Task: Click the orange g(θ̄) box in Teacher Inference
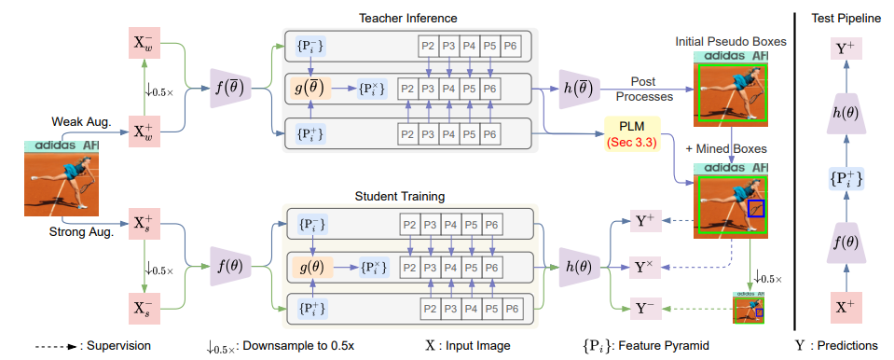pos(311,89)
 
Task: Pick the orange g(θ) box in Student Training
pos(311,266)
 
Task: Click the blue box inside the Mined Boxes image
pos(757,210)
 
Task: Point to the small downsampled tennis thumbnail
pos(750,307)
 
